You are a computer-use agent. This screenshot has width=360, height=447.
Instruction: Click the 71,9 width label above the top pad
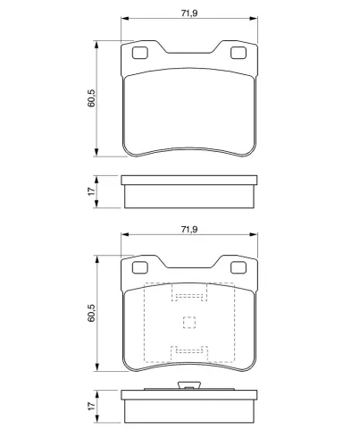click(189, 13)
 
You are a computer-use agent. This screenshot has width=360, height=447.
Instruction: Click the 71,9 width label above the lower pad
click(189, 230)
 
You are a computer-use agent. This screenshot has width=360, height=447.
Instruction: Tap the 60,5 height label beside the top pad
click(91, 98)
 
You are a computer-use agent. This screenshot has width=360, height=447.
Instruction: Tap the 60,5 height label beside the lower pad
click(91, 313)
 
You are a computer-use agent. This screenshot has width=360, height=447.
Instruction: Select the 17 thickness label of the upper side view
click(91, 191)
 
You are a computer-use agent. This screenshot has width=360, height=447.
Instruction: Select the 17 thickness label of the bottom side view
click(91, 406)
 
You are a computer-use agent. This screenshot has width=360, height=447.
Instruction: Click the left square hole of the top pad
click(139, 53)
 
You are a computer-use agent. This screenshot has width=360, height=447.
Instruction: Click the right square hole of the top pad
click(239, 53)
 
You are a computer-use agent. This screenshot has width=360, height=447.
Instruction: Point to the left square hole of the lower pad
click(139, 267)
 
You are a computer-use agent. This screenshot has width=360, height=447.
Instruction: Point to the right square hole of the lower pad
click(239, 267)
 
